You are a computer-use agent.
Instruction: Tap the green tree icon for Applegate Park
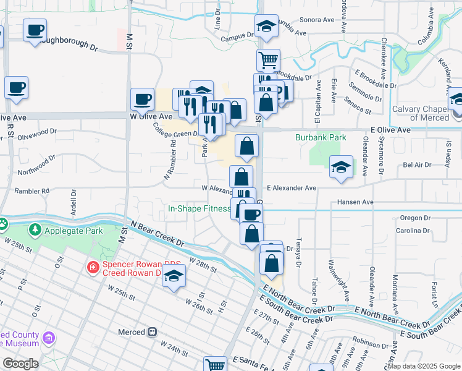(35, 230)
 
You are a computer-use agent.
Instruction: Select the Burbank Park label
(320, 137)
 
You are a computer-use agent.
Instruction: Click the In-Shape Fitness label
(199, 208)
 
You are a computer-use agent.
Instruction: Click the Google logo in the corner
(20, 364)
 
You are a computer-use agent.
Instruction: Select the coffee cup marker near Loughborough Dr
(35, 30)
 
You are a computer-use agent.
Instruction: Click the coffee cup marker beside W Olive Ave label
(142, 99)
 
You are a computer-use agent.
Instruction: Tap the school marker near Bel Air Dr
(341, 168)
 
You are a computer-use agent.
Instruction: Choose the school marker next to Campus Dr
(266, 27)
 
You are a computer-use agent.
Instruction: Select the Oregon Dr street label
(415, 218)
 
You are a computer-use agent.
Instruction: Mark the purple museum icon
(49, 338)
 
